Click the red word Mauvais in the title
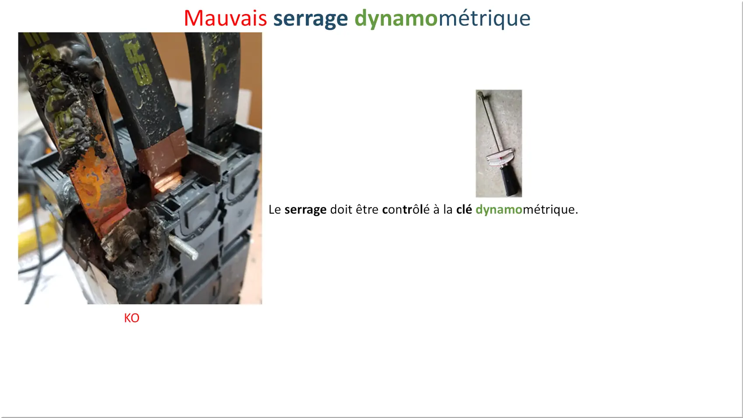pos(225,18)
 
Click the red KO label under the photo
pos(132,318)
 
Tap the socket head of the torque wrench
pos(480,94)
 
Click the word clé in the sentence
pos(464,209)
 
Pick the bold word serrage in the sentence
pos(306,210)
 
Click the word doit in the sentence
pos(341,209)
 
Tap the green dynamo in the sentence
pos(499,210)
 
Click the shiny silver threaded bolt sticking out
pos(183,247)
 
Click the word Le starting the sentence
pos(274,209)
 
